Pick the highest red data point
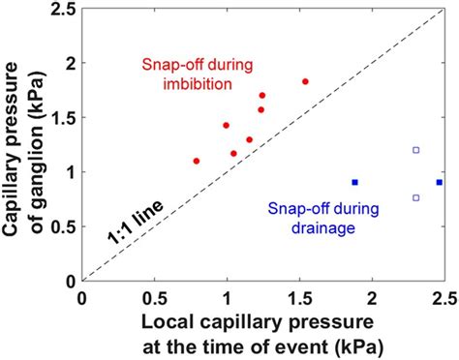pos(305,81)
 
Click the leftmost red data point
pos(196,161)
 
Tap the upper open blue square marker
pos(415,150)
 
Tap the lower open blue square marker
pos(415,197)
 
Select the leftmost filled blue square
pos(354,182)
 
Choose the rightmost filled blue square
pos(439,182)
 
